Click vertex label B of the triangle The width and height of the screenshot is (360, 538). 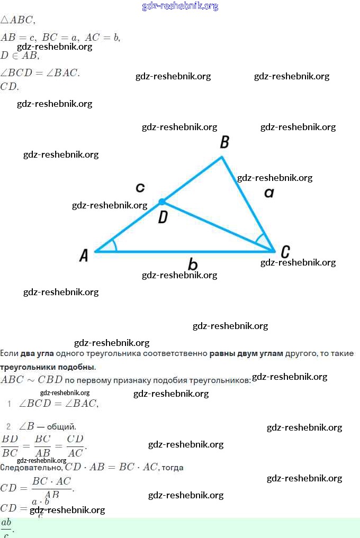point(224,142)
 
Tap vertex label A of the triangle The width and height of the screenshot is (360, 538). point(84,256)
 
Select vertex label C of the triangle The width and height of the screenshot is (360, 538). point(285,251)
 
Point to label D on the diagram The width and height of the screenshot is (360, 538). point(163,217)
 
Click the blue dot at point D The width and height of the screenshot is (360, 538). point(163,202)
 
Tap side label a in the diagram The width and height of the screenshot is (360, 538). point(269,193)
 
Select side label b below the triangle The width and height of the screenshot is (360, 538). point(193,264)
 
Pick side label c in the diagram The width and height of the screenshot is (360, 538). point(140,187)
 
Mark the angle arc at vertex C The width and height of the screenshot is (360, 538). point(261,241)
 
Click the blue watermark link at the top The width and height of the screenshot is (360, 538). point(180,6)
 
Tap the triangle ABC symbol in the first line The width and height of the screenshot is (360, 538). point(17,20)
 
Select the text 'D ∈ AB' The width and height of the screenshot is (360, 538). point(20,56)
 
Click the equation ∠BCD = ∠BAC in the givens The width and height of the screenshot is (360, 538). point(40,73)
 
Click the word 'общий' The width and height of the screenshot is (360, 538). point(61,426)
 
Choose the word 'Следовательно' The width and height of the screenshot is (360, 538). point(31,467)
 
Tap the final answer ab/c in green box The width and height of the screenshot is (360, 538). point(6,527)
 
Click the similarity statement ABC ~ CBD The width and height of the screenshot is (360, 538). point(32,379)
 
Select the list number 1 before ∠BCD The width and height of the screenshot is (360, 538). point(10,404)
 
